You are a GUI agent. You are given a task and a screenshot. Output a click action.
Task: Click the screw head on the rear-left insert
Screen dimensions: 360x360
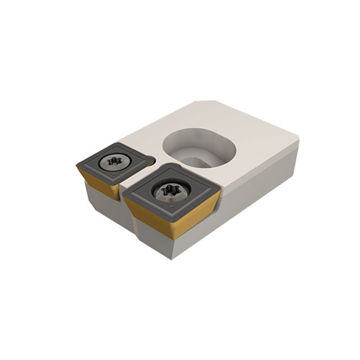coord(112,161)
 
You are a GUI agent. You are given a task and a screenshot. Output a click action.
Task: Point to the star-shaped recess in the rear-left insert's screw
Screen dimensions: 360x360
coord(112,161)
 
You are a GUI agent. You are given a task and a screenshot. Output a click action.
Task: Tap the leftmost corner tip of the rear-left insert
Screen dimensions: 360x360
coord(77,167)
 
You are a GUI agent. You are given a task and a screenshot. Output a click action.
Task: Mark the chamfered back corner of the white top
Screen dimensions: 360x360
coord(202,103)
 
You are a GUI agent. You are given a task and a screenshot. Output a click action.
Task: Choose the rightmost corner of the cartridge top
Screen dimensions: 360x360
coord(298,140)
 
